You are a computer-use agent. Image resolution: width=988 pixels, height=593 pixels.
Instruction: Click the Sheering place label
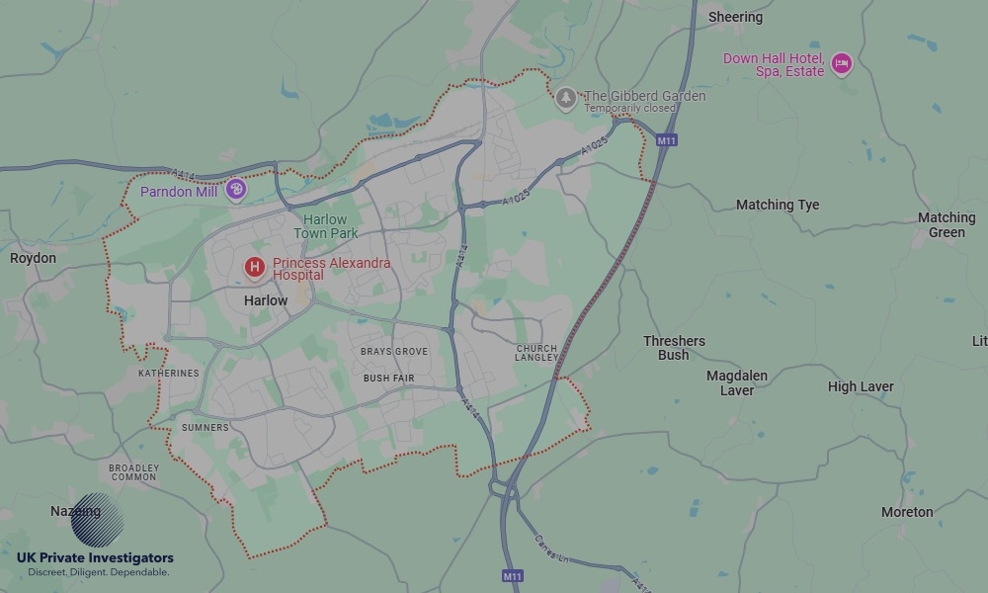tap(735, 17)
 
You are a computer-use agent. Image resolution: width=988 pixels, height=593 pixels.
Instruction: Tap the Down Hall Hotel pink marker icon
tap(841, 64)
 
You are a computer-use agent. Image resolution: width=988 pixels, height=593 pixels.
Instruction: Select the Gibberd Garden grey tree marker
tap(565, 97)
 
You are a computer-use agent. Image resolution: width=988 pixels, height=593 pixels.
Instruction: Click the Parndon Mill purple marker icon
tap(235, 189)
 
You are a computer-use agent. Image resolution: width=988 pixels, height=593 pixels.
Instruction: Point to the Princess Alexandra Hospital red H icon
tap(255, 267)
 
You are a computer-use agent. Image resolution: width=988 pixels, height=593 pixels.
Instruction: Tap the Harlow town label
tap(266, 299)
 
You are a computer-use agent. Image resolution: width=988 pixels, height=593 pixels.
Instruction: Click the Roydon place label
tap(33, 258)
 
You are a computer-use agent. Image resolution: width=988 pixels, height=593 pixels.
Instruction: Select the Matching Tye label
tap(778, 205)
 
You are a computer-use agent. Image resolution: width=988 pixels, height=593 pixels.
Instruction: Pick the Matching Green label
tap(946, 224)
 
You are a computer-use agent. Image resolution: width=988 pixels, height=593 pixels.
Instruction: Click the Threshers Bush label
tap(674, 348)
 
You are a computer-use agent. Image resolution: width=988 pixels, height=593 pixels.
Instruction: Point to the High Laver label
tap(861, 386)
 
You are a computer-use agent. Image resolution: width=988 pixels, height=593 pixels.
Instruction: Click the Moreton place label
tap(907, 512)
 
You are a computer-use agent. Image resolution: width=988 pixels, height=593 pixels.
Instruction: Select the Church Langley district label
tap(536, 353)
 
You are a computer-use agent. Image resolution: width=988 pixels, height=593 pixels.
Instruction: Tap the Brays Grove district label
tap(393, 352)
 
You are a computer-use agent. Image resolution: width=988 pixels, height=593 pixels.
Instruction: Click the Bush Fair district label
tap(389, 379)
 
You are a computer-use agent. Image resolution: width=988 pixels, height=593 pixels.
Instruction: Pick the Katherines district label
tap(168, 374)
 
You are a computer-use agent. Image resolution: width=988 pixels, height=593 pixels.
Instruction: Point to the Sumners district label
tap(205, 428)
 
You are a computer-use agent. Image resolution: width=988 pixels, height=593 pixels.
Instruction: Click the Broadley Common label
tap(133, 472)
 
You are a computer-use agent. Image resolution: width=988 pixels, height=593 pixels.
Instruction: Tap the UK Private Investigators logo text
tap(95, 558)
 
